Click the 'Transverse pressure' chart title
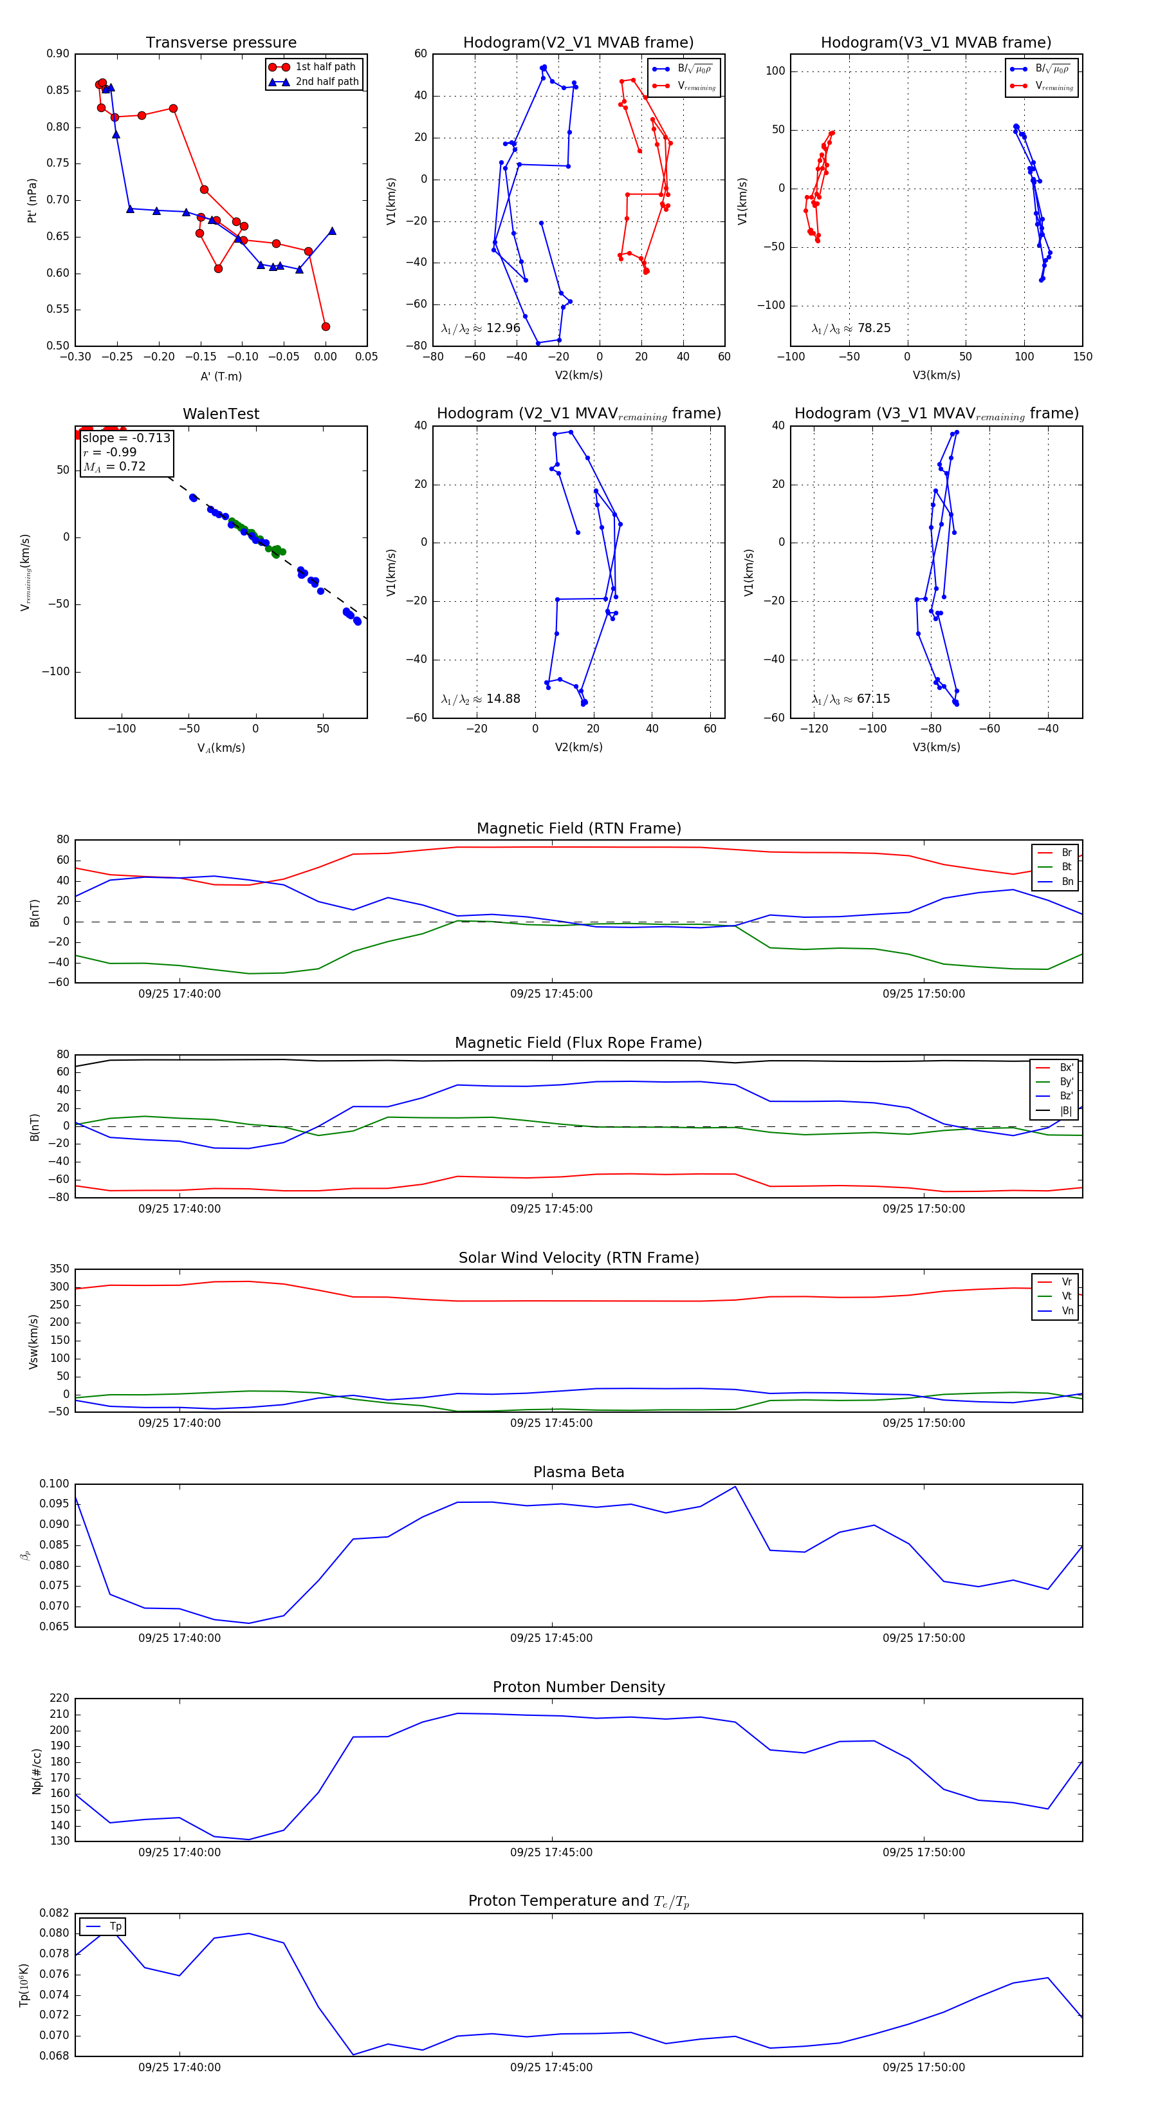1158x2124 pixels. pyautogui.click(x=221, y=43)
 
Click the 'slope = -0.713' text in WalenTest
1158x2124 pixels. pyautogui.click(x=126, y=438)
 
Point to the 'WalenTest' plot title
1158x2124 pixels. pyautogui.click(x=221, y=414)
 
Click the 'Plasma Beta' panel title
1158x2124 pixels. pyautogui.click(x=578, y=1472)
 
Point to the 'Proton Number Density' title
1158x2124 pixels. pyautogui.click(x=578, y=1687)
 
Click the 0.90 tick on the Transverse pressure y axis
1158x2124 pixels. pyautogui.click(x=58, y=53)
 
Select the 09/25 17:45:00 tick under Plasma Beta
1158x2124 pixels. pyautogui.click(x=551, y=1637)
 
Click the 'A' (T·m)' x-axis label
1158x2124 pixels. pyautogui.click(x=221, y=376)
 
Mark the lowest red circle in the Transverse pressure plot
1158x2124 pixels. pyautogui.click(x=326, y=326)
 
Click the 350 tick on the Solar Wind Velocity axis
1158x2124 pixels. pyautogui.click(x=59, y=1269)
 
